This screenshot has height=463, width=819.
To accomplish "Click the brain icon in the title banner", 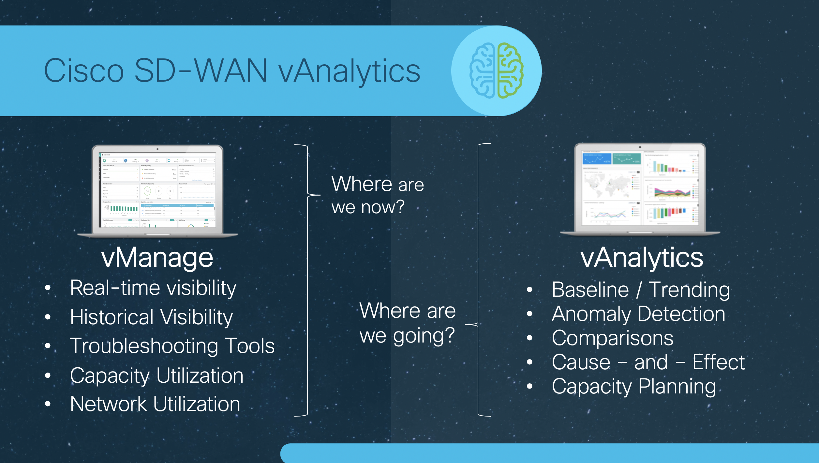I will [496, 71].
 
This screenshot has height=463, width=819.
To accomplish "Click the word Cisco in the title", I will [84, 71].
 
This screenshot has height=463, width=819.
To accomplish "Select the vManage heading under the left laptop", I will [157, 258].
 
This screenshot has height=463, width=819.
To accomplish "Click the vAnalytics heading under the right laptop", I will [642, 258].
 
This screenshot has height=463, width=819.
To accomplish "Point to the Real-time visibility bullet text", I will [153, 289].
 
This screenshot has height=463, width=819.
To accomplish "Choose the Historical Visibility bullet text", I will [151, 317].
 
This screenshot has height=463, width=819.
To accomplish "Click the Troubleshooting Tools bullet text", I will [172, 346].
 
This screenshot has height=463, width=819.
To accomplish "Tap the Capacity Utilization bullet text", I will [156, 375].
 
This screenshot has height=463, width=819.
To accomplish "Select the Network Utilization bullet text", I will [155, 404].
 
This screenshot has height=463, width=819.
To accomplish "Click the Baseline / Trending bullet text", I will [641, 290].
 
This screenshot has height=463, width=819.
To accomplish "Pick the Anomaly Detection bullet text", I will [638, 314].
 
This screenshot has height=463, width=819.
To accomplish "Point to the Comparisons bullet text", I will [612, 338].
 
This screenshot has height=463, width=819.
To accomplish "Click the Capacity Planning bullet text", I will [634, 387].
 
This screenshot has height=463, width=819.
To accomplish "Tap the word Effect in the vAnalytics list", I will [719, 362].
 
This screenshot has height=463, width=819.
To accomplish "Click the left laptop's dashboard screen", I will [158, 189].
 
